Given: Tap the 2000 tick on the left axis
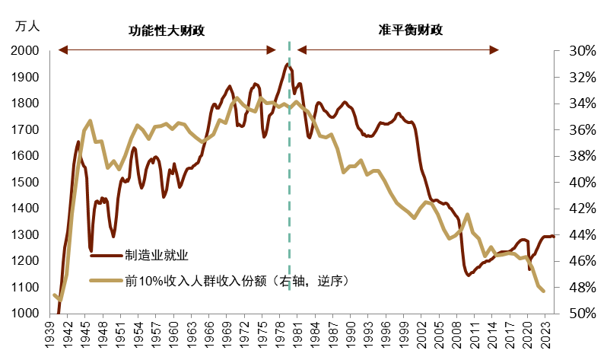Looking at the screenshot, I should coord(27,51).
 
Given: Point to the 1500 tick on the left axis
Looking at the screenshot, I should coord(27,183).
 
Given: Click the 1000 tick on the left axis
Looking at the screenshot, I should coord(27,314).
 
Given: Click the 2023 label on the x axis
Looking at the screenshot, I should coord(547,335).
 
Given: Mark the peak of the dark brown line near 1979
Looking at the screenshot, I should coord(287,64).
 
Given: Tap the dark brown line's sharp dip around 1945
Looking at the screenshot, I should coord(91,250).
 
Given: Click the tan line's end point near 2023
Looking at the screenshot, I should coord(544,292).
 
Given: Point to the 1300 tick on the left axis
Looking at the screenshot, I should coord(27,235).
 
